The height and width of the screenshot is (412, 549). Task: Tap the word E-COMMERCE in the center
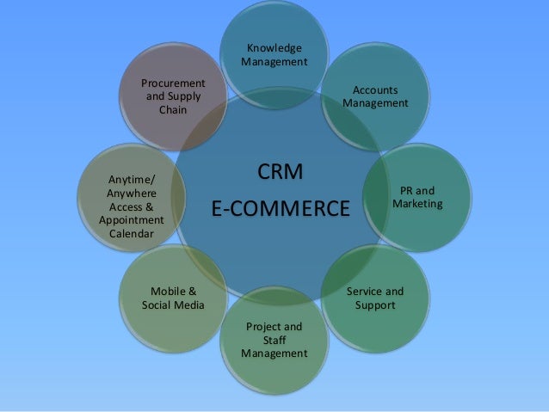[281, 209]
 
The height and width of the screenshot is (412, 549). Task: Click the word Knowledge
[274, 47]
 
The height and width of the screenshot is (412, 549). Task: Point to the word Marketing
[417, 204]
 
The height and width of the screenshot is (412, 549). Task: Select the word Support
[375, 305]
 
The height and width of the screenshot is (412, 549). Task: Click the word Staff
[274, 341]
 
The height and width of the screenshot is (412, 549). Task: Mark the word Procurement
[174, 83]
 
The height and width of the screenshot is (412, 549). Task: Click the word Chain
[174, 110]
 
